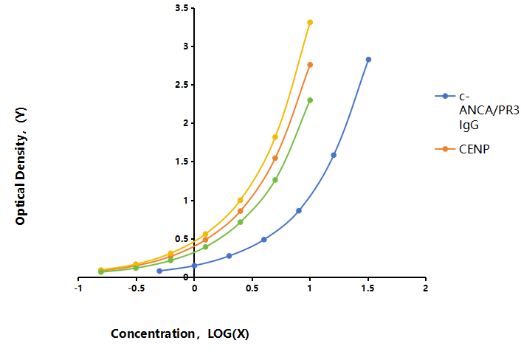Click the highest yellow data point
tap(310, 22)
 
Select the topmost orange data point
tap(310, 65)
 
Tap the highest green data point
tap(310, 100)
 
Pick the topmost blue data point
tap(368, 60)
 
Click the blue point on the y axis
tap(194, 266)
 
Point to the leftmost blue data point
tap(159, 271)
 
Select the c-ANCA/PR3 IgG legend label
tap(489, 111)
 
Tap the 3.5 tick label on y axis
tap(182, 8)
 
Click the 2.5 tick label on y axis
tap(182, 85)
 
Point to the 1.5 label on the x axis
tap(368, 288)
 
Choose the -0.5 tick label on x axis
tap(137, 288)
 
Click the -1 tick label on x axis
tap(78, 288)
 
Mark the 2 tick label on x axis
tap(426, 288)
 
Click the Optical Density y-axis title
tap(21, 167)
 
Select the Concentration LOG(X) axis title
tap(180, 333)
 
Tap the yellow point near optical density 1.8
tap(275, 136)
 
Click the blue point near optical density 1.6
tap(334, 155)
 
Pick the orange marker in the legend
tap(445, 149)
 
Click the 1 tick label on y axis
tap(185, 200)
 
